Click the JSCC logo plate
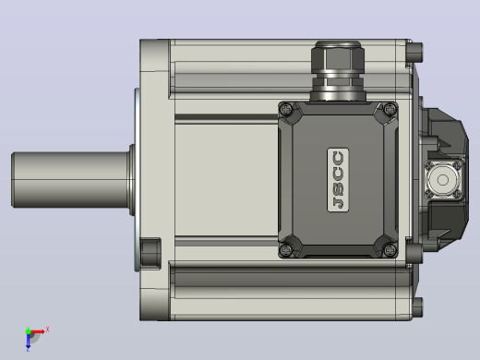[x=338, y=180]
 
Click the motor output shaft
[x=71, y=180]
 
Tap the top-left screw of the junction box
[x=287, y=109]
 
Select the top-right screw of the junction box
[x=390, y=109]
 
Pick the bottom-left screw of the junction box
[x=287, y=249]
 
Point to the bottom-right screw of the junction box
[x=390, y=250]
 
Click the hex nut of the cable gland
[x=338, y=59]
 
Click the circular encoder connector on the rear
[x=442, y=180]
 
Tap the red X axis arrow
[x=37, y=331]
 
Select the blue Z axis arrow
[x=28, y=341]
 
